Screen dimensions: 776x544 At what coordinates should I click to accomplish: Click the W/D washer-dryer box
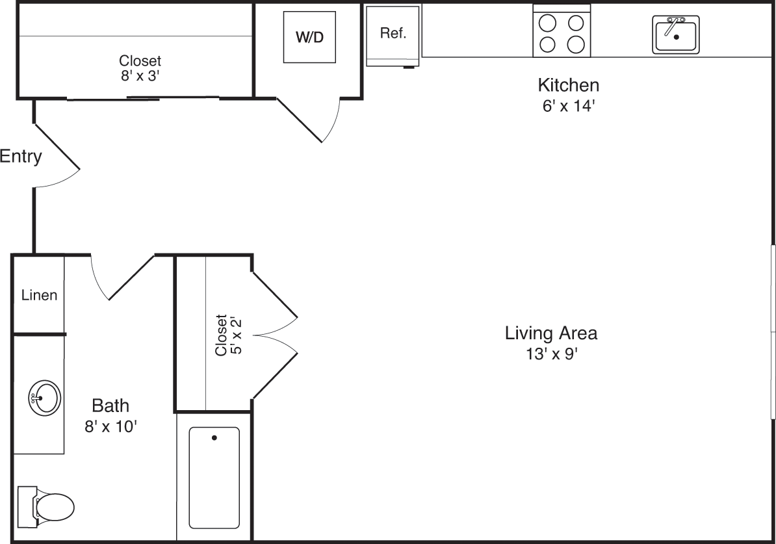tap(309, 37)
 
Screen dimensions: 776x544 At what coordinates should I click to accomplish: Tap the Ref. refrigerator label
tap(393, 33)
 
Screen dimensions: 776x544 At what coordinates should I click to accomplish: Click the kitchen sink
tap(675, 34)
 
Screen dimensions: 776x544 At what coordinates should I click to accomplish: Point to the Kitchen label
tap(568, 85)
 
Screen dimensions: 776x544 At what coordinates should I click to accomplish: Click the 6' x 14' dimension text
tap(568, 106)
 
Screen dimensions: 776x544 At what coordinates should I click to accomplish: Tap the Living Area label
tap(551, 333)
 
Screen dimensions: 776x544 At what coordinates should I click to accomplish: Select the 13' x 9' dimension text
tap(552, 354)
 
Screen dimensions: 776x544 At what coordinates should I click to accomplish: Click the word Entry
tap(21, 157)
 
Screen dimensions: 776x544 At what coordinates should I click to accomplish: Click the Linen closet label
tap(39, 296)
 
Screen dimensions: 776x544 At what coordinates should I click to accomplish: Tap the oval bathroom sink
tap(45, 398)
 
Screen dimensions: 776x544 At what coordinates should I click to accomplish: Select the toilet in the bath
tap(46, 506)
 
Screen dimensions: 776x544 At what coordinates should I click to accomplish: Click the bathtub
tap(214, 478)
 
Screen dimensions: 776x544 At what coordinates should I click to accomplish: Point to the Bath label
tap(110, 406)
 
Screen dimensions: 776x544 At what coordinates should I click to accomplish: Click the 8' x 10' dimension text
tap(110, 426)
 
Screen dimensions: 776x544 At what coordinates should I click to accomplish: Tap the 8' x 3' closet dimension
tap(140, 76)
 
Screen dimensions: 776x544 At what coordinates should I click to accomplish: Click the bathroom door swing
tap(122, 279)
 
